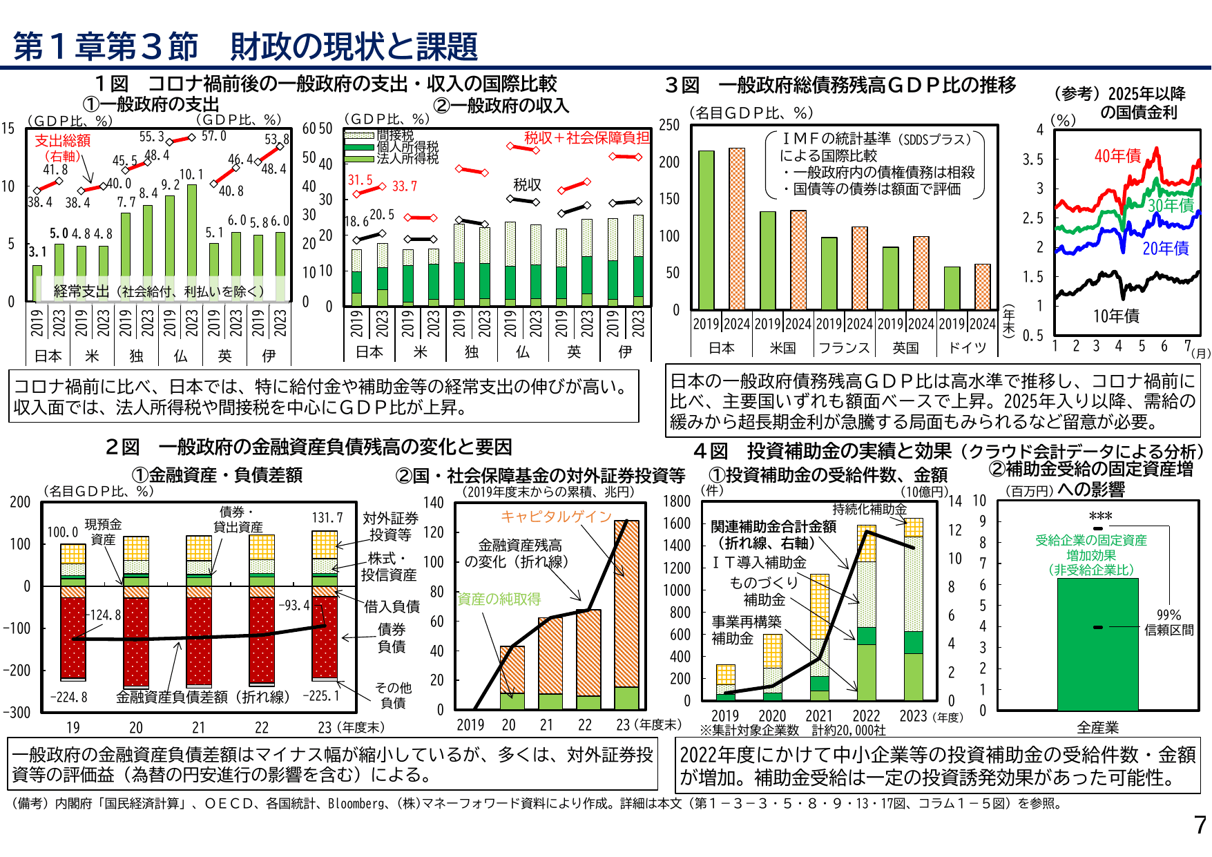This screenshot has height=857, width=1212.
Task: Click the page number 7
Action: [x=1200, y=825]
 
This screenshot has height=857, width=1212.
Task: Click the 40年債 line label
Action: [x=1117, y=156]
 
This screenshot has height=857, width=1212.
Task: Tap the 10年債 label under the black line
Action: [x=1115, y=316]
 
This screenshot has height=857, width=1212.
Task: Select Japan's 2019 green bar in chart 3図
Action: [x=706, y=230]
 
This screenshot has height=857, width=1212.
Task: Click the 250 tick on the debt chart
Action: [x=668, y=125]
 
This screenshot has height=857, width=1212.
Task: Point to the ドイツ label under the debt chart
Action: [x=967, y=348]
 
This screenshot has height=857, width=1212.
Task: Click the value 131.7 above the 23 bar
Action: [x=327, y=518]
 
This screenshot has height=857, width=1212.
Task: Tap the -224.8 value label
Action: [x=69, y=697]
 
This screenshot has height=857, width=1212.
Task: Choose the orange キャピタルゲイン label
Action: [x=556, y=517]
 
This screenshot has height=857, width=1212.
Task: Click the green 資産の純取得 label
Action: [x=499, y=599]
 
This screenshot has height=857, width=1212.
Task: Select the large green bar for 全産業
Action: [x=1097, y=644]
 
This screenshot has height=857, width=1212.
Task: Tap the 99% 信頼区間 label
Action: [x=1168, y=622]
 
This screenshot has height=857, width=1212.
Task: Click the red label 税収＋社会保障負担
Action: [x=586, y=138]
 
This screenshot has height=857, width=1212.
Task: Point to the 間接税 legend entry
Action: [x=395, y=135]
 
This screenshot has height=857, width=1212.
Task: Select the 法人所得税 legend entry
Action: [x=407, y=159]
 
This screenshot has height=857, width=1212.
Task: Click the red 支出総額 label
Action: [x=62, y=141]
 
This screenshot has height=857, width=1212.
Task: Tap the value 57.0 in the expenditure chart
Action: [x=213, y=136]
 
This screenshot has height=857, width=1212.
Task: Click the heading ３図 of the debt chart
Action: [x=682, y=86]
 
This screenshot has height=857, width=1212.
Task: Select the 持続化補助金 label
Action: [x=869, y=509]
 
